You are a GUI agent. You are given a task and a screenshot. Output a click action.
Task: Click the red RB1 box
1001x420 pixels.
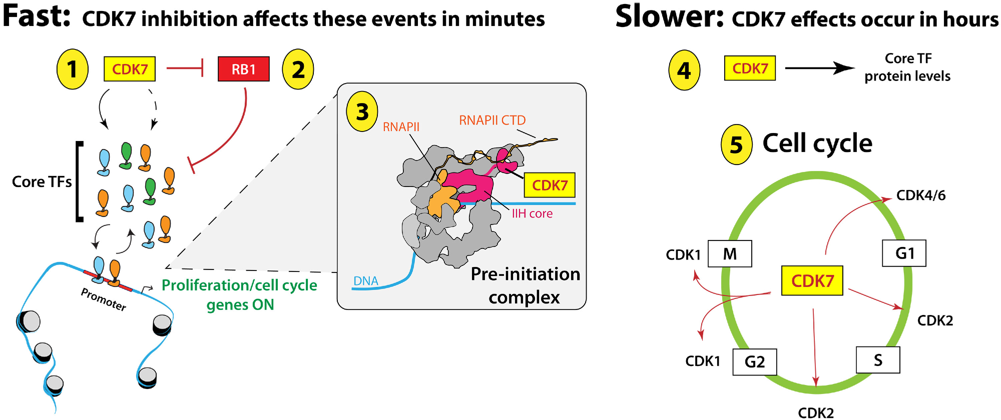coord(244,69)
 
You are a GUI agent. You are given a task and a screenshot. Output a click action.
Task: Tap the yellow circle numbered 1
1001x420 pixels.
coord(73,69)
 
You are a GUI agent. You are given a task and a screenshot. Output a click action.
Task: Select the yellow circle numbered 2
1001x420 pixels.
coord(298,69)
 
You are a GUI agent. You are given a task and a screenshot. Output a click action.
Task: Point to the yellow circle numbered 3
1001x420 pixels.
coord(362,111)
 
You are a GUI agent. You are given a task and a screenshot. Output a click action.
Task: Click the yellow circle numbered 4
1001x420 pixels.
coord(684,70)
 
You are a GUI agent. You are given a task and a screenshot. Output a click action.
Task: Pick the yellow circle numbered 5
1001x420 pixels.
coord(736,144)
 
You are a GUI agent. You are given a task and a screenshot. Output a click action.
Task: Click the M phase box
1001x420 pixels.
coord(730,254)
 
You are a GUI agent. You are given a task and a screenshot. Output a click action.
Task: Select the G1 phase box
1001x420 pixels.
coord(904,253)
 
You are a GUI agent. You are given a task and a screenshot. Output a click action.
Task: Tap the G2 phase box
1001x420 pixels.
coord(755,361)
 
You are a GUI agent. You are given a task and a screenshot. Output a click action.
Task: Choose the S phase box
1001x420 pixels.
coord(878,360)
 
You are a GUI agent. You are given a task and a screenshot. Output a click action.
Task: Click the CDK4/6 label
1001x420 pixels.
coord(921,195)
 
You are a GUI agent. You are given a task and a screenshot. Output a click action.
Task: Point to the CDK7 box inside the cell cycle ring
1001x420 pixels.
coord(812,280)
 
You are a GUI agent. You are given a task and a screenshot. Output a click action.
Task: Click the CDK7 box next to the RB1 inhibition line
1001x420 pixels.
coord(130,69)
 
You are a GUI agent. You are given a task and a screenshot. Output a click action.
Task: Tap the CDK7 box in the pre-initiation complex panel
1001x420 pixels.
coord(550,185)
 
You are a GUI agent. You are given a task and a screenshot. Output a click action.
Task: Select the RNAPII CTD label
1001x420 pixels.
coord(492,120)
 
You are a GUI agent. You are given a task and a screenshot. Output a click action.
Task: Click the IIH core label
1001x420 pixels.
coord(532,214)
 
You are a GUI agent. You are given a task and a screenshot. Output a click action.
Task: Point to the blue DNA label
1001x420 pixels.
coord(366,281)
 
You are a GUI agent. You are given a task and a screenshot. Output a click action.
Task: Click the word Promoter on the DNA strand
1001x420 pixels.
coord(104,299)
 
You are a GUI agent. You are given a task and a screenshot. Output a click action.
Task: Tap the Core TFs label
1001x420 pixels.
coord(42,182)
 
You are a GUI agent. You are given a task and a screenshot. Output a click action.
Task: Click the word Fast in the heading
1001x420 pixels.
coord(36,16)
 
